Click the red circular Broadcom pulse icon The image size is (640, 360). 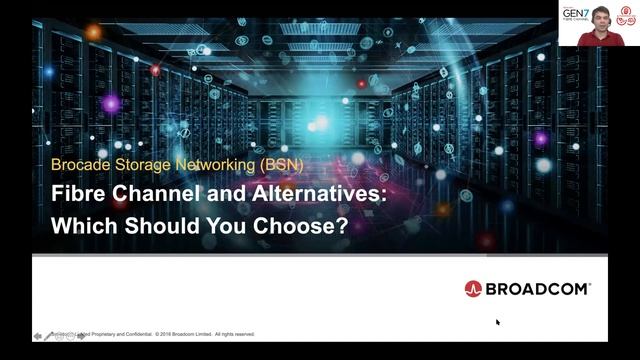[x=473, y=289]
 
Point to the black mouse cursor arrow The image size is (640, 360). [x=498, y=322]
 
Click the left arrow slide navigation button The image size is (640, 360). [x=38, y=336]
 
